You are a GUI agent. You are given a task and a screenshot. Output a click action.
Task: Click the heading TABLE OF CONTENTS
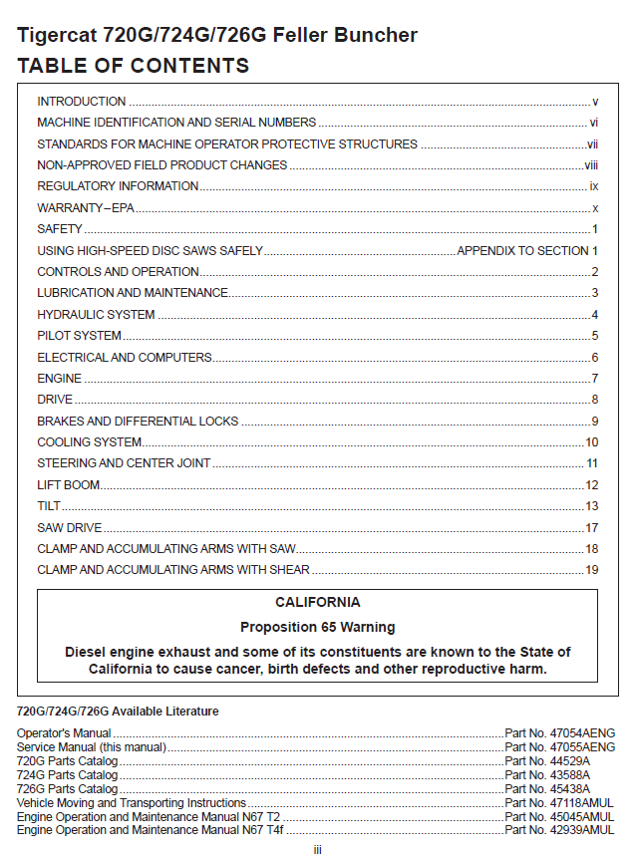click(x=134, y=67)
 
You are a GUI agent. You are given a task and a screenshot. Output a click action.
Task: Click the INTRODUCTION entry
click(x=82, y=102)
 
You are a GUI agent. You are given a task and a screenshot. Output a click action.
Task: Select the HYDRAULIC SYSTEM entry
click(x=96, y=315)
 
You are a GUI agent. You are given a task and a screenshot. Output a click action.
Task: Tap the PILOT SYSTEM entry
click(x=80, y=336)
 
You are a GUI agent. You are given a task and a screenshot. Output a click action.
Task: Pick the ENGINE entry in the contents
click(x=60, y=379)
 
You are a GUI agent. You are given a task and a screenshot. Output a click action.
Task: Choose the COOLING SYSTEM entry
click(x=90, y=442)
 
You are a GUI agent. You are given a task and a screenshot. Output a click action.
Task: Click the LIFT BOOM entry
click(x=69, y=485)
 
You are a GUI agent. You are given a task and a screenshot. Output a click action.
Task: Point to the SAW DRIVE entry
click(x=70, y=528)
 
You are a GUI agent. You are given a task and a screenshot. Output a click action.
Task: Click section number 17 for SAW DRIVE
click(x=591, y=528)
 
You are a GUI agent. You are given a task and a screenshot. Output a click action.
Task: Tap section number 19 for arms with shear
click(x=591, y=570)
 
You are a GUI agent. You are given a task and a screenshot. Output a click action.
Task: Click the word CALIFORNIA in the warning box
click(x=318, y=603)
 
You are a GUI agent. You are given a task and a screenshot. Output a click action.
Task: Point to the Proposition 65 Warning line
click(x=318, y=628)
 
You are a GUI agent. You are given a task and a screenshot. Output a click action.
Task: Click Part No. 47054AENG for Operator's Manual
click(x=559, y=733)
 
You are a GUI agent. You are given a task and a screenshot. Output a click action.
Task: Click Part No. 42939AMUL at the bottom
click(x=559, y=829)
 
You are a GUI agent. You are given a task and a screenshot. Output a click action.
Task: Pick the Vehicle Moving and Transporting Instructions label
click(x=132, y=802)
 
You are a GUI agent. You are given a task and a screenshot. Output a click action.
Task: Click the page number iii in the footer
click(x=317, y=850)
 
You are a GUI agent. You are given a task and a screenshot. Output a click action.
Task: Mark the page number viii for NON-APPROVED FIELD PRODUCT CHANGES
click(x=591, y=165)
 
